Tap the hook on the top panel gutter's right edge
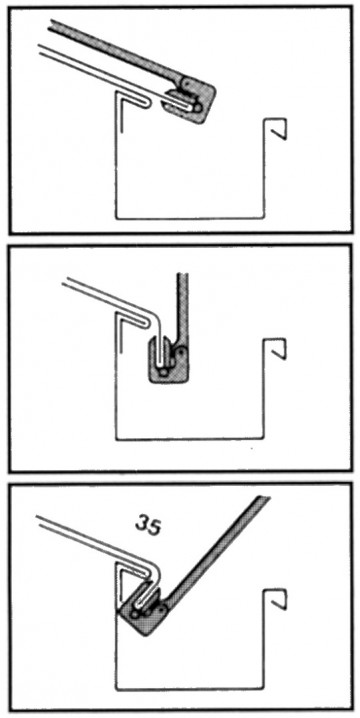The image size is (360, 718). point(276,130)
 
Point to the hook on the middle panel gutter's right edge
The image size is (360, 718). point(275,349)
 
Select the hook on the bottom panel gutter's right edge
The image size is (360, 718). point(276,599)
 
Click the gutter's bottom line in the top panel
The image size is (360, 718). point(190,217)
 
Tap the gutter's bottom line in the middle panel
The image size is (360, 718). point(190,437)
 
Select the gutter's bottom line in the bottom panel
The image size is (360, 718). point(190,688)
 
